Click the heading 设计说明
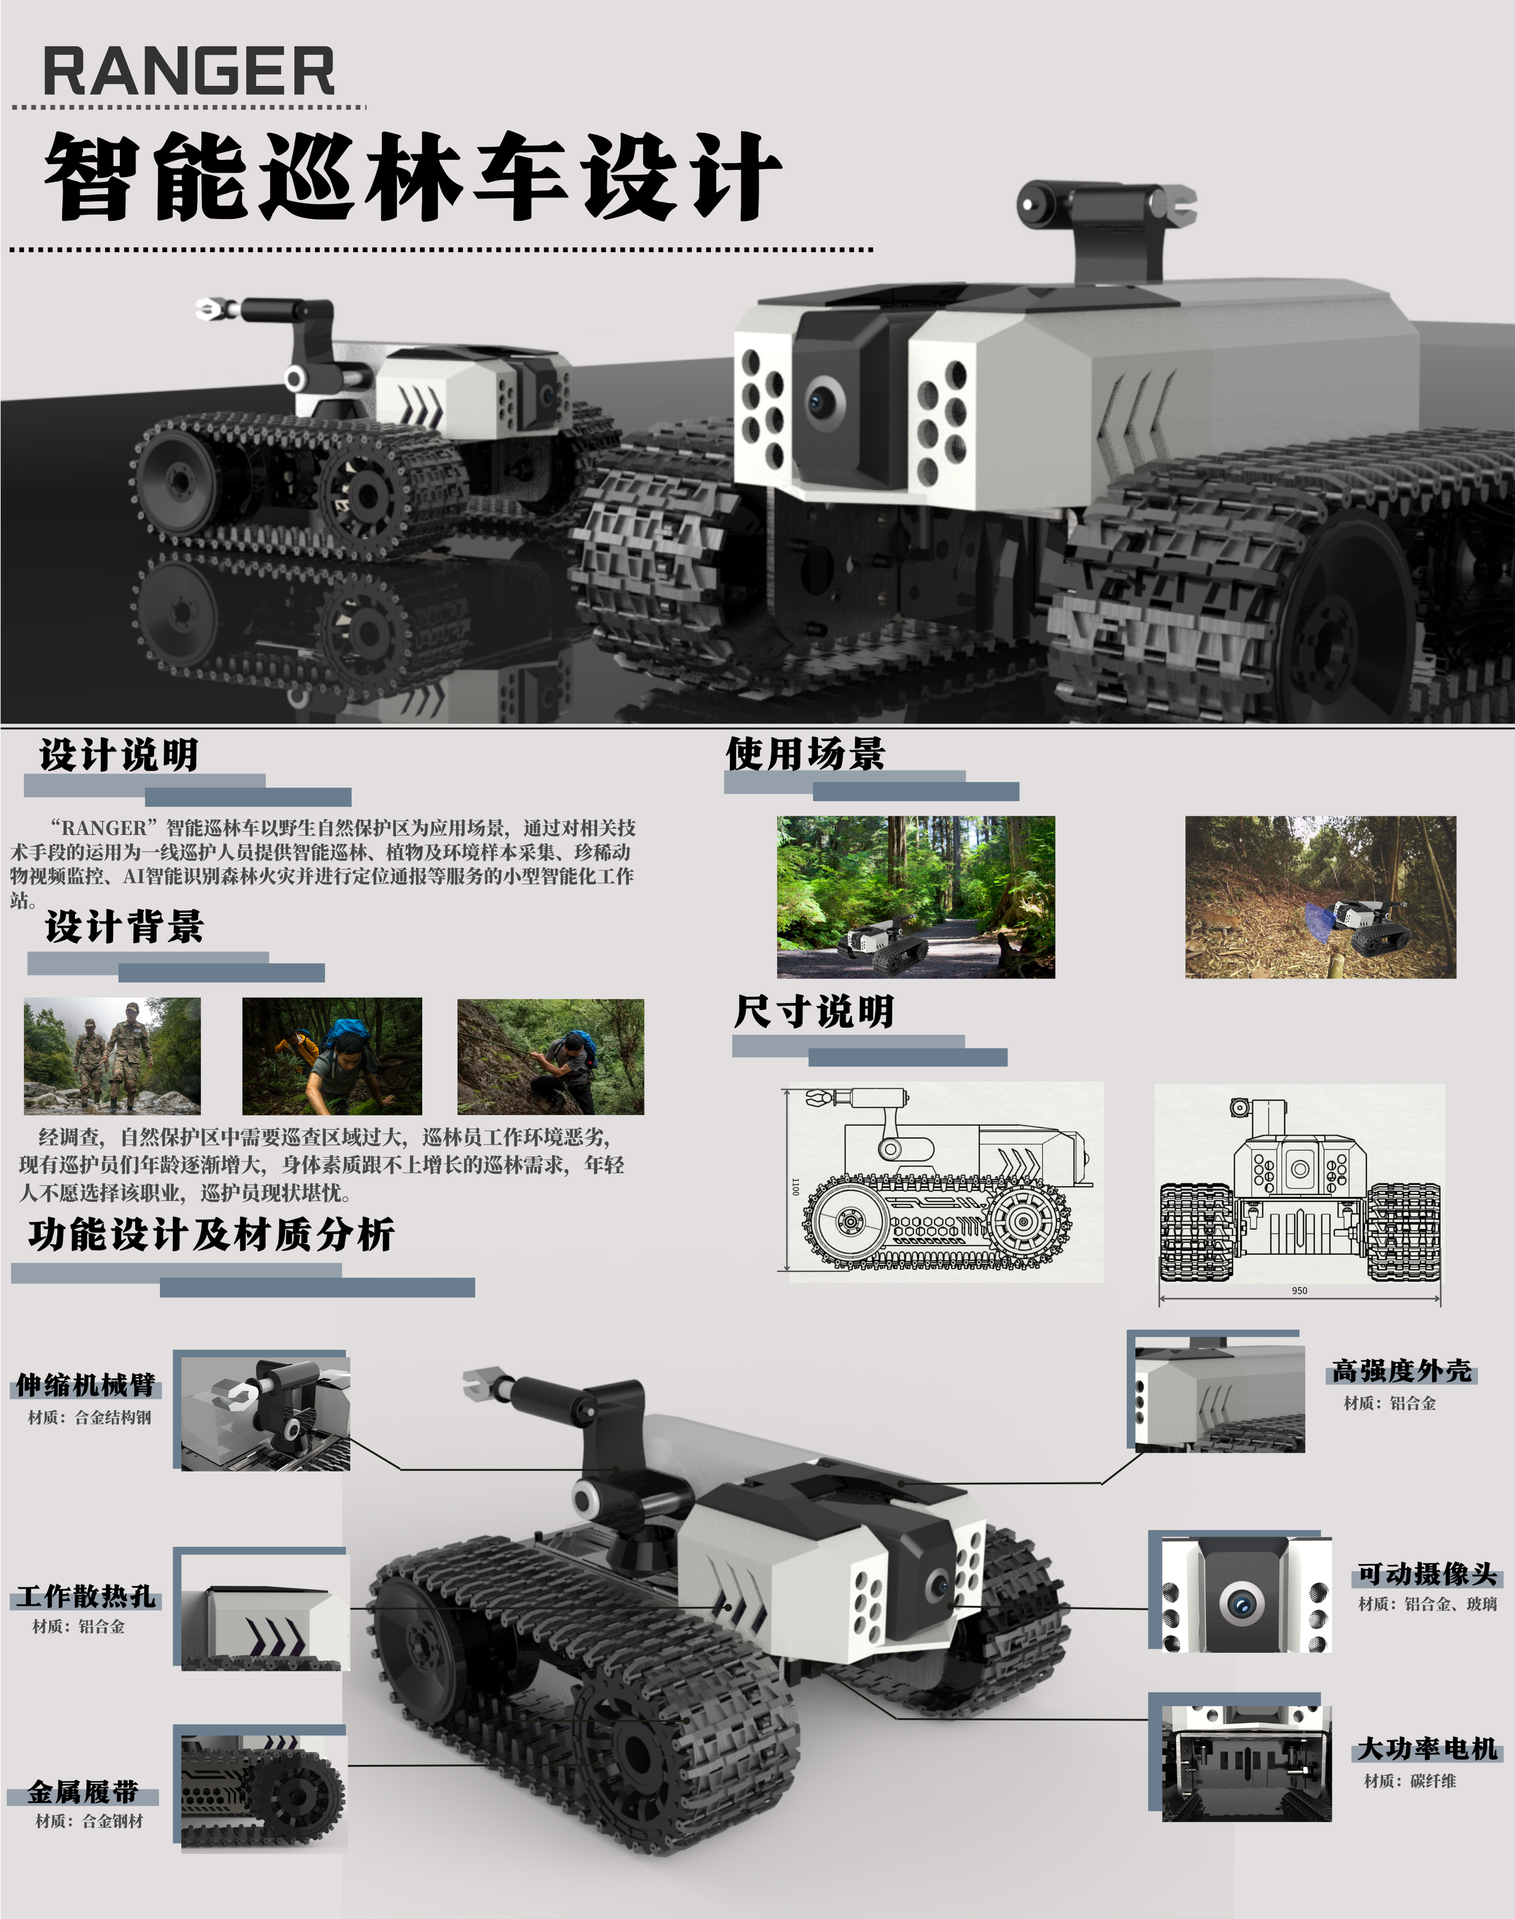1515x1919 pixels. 119,755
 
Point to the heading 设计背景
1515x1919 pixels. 125,926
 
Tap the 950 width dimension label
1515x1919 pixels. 1299,1291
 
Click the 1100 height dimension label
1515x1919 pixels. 795,1186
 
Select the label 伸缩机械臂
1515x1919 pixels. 86,1385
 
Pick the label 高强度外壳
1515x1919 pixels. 1401,1371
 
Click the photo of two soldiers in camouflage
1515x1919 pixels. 112,1056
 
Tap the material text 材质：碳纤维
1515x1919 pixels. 1410,1781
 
